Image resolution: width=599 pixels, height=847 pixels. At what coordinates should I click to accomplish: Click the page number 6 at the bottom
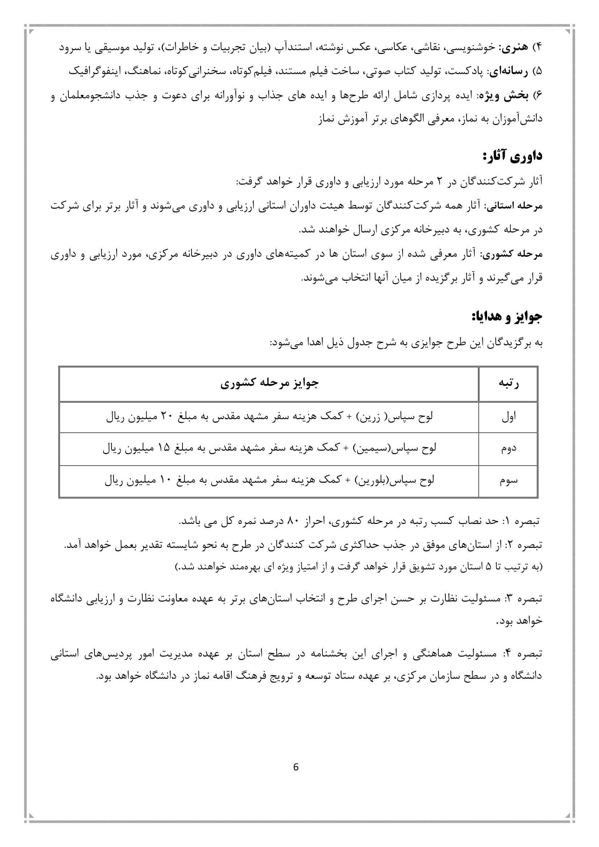296,767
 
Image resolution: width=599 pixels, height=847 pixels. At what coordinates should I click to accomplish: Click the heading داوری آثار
513,156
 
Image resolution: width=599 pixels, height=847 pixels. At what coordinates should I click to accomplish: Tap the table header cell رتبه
508,383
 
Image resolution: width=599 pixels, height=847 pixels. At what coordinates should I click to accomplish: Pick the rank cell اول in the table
508,417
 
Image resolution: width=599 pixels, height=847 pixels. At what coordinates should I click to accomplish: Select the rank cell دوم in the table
508,449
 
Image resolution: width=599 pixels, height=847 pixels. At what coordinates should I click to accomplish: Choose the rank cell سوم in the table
508,481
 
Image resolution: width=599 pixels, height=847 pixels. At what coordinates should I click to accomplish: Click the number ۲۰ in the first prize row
164,417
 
